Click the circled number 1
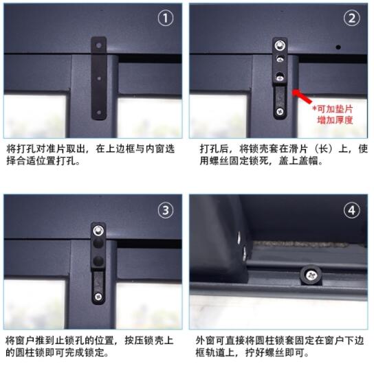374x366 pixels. point(166,19)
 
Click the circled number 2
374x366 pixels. point(351,19)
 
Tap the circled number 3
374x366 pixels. point(166,210)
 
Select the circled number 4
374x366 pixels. point(351,210)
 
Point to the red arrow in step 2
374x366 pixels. point(302,96)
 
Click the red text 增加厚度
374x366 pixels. point(335,120)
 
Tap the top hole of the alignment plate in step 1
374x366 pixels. point(98,45)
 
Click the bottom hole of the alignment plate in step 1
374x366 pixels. point(98,112)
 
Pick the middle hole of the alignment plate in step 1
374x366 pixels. point(99,78)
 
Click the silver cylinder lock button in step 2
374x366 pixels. point(280,45)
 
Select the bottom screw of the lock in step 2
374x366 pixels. point(280,111)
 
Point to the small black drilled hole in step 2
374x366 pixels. point(338,47)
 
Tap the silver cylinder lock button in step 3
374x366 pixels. point(98,231)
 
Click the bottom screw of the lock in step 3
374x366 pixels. point(98,297)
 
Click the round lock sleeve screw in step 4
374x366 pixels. point(311,275)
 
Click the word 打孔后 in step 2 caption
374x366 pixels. point(214,149)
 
